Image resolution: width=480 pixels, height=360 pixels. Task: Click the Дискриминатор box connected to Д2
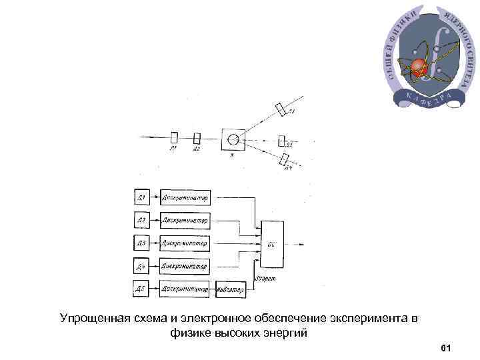pos(185,219)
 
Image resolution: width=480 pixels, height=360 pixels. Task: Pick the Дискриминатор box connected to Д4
pos(185,266)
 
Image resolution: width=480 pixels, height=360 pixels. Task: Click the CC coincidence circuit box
pos(273,243)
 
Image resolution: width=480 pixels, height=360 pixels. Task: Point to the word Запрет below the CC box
pos(265,277)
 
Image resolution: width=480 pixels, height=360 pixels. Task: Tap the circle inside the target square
pos(233,139)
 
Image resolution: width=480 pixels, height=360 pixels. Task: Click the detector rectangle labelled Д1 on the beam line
pos(175,138)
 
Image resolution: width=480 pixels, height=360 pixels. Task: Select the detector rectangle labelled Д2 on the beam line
pos(197,138)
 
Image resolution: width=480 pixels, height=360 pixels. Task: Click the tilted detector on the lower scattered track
pos(285,159)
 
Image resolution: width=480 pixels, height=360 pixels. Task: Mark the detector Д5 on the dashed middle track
pos(282,141)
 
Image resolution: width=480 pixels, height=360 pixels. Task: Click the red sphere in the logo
pos(419,65)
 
